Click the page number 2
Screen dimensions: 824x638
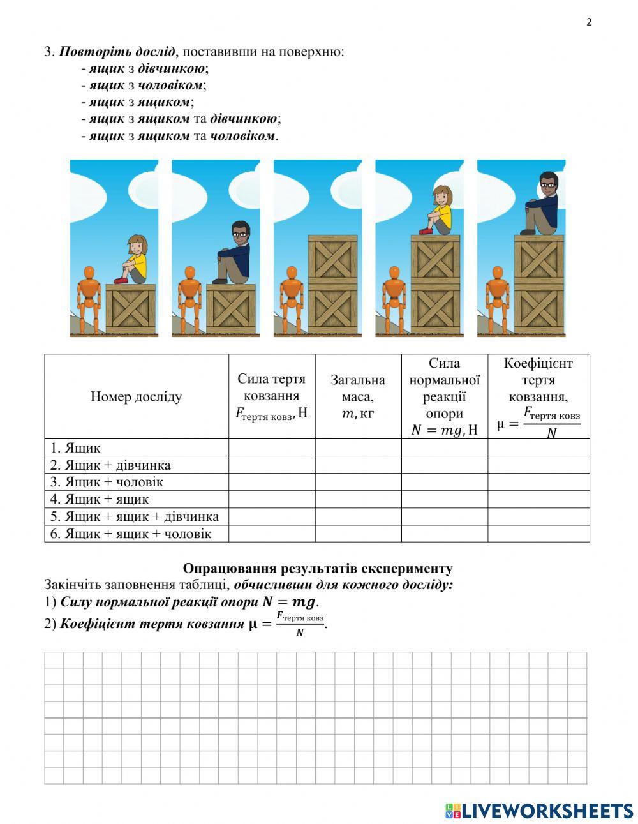[x=589, y=22]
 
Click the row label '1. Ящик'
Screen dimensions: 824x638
[x=75, y=448]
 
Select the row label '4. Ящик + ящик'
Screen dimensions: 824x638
[x=100, y=499]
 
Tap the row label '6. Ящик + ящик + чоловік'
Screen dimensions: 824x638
[x=130, y=534]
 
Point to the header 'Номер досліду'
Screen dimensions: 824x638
[x=136, y=396]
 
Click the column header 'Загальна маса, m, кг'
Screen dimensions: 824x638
[x=358, y=396]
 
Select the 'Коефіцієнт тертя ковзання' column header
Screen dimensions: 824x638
[x=538, y=396]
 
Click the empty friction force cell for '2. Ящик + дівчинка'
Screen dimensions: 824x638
[x=272, y=465]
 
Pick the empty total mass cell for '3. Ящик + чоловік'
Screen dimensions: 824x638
[x=358, y=482]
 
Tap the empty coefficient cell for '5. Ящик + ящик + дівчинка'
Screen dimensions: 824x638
[x=538, y=516]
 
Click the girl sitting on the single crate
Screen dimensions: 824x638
[x=133, y=259]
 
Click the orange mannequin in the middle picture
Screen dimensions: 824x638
[x=291, y=297]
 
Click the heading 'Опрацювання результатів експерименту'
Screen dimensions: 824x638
[x=318, y=568]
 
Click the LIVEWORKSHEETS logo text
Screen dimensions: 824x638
[x=546, y=811]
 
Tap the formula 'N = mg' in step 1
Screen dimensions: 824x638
[x=289, y=602]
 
